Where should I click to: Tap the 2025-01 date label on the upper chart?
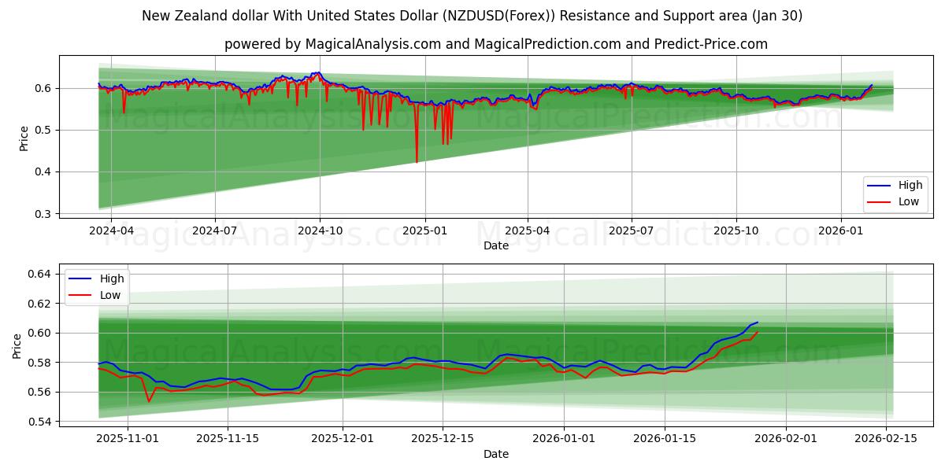point(425,230)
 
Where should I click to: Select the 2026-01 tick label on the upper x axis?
point(840,230)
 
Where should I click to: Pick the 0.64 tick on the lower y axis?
point(39,274)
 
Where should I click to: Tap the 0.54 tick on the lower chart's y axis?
point(39,422)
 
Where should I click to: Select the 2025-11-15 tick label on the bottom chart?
point(228,437)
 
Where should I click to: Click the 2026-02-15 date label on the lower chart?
point(886,437)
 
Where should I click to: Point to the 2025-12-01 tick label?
point(343,437)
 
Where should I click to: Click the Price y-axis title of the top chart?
point(24,138)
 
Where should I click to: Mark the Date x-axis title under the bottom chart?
point(496,454)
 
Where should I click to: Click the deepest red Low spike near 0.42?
point(417,162)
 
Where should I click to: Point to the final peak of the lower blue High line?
point(757,323)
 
